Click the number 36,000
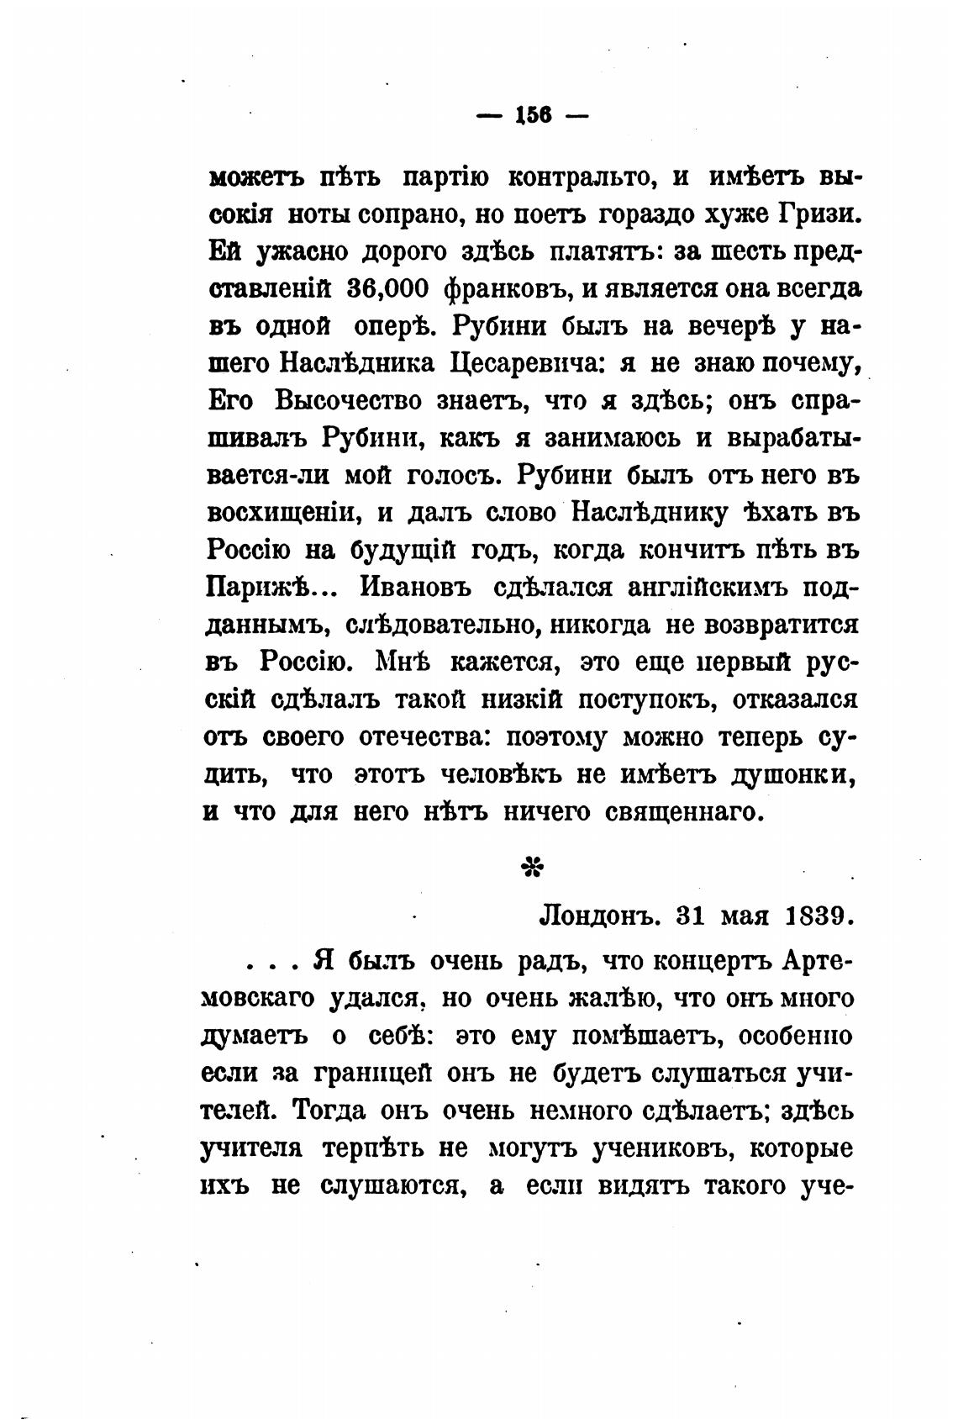coord(388,289)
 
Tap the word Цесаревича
coord(526,363)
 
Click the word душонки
coord(790,773)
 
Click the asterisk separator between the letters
coord(532,867)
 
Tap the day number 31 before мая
coord(692,915)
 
